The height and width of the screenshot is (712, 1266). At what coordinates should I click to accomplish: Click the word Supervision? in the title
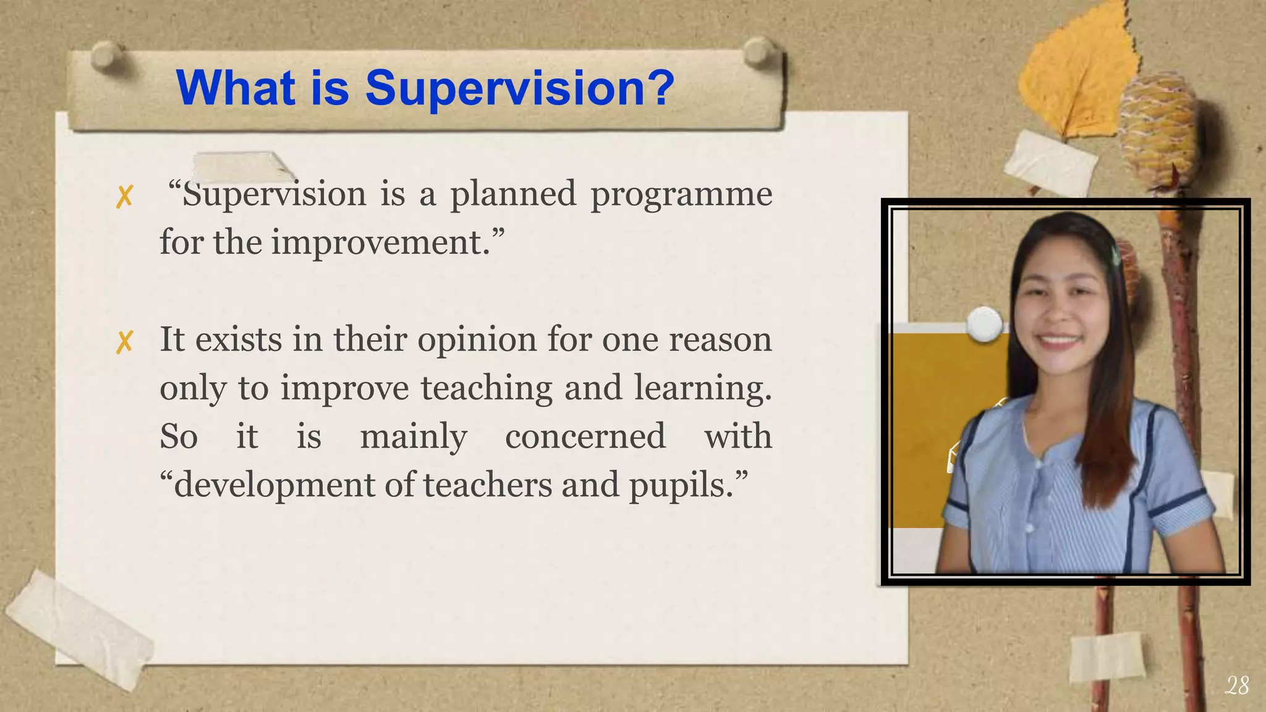point(519,88)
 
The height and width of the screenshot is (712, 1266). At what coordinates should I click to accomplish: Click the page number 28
point(1236,685)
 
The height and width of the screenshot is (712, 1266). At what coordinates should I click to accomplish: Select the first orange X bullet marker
point(124,197)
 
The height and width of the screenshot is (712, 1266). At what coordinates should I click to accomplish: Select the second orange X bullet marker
point(124,342)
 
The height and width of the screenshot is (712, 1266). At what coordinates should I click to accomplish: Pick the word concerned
point(585,436)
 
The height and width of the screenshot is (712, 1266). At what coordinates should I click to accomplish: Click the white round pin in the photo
point(983,324)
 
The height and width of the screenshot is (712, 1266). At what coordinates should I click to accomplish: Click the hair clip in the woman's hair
point(1116,254)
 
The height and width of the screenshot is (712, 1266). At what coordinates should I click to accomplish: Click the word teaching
point(486,388)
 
